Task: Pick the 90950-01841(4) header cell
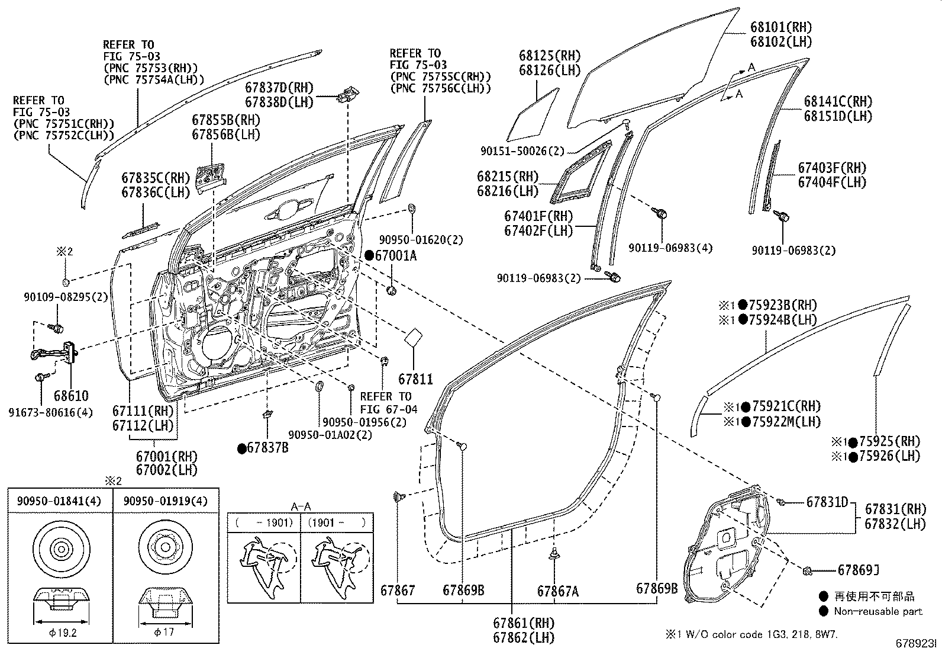(x=60, y=501)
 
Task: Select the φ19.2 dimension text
(x=60, y=632)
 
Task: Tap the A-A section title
(x=301, y=507)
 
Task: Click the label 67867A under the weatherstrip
(x=558, y=591)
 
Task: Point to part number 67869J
(x=858, y=570)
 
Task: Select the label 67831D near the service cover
(x=827, y=502)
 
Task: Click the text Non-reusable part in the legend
(x=878, y=611)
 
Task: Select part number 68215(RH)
(x=508, y=177)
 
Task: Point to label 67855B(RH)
(x=226, y=120)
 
